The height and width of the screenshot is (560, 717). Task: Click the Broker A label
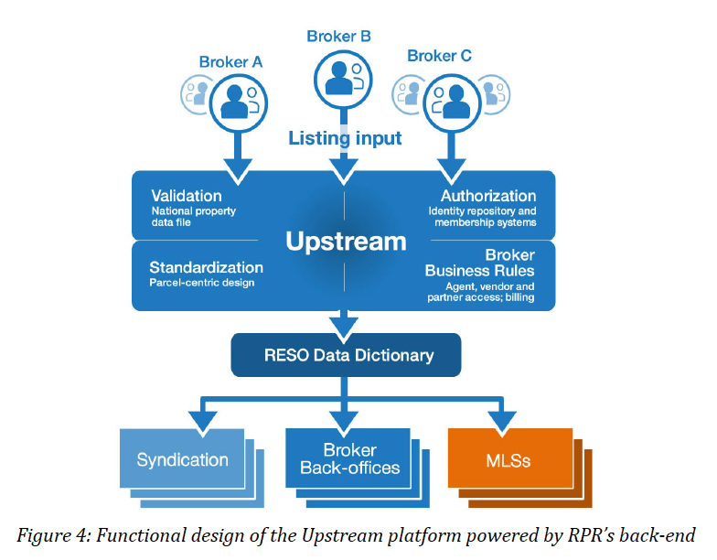(230, 62)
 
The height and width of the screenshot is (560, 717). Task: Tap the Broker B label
(338, 37)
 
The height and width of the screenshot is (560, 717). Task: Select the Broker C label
(439, 56)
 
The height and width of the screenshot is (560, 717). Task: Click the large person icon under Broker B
(343, 79)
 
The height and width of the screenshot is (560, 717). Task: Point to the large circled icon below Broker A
(238, 102)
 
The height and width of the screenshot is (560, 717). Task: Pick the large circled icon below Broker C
(452, 102)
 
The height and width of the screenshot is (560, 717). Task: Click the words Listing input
(345, 138)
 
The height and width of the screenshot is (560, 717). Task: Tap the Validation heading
(187, 196)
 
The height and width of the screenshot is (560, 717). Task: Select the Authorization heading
(488, 196)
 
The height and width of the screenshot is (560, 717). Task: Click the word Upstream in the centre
(346, 242)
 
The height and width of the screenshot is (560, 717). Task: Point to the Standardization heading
(207, 267)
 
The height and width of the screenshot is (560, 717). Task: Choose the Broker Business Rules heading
(479, 263)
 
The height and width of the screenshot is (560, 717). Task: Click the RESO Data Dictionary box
(346, 355)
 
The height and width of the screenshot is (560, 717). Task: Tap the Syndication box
(182, 458)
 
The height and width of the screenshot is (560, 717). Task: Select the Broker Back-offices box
(348, 458)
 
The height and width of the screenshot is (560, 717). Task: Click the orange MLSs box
(510, 458)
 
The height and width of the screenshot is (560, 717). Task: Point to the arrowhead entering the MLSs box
(502, 422)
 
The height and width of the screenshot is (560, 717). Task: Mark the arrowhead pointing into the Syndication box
(203, 422)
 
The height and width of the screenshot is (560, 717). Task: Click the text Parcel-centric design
(201, 283)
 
